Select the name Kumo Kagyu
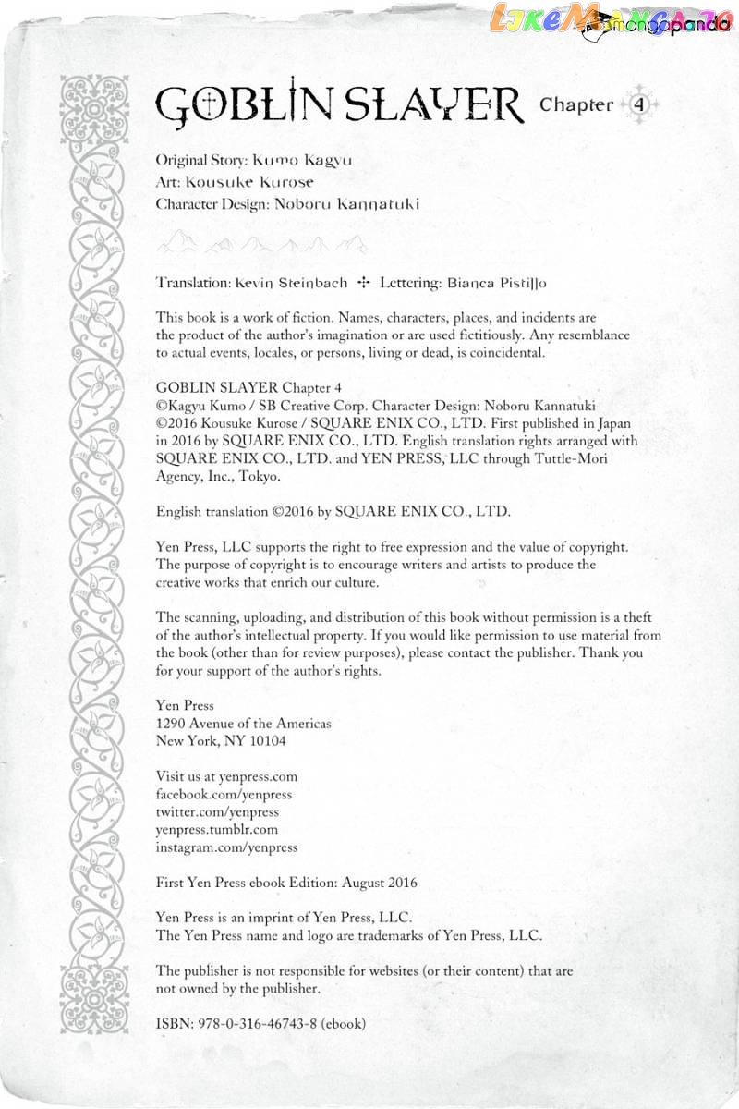point(302,160)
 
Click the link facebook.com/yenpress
point(224,794)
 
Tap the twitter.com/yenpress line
point(217,811)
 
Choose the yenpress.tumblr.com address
point(217,829)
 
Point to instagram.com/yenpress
point(227,847)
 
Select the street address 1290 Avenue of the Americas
point(244,724)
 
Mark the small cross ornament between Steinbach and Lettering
point(363,283)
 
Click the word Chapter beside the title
point(576,104)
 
